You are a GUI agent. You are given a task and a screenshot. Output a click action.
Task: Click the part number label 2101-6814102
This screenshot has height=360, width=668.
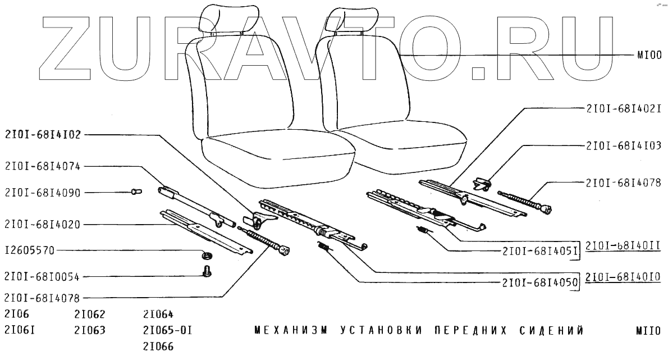pos(43,135)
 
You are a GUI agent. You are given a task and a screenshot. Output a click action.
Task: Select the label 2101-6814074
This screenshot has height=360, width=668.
pos(43,166)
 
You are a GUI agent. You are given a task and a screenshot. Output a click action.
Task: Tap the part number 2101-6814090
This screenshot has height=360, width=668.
pos(43,193)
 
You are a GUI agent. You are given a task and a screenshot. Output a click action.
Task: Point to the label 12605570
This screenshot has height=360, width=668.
pos(29,250)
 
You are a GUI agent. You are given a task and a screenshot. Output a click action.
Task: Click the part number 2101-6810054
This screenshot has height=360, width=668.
pos(43,277)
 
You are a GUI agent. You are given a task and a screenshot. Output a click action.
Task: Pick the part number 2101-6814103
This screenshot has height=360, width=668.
pos(623,145)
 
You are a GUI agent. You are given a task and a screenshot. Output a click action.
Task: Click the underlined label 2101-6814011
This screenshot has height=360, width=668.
pos(623,246)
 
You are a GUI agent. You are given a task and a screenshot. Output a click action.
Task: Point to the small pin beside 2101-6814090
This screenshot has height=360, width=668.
pos(135,192)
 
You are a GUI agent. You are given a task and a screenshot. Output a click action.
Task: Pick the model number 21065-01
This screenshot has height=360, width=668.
pos(168,330)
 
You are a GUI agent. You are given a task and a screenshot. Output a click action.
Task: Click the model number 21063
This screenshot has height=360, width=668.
pos(90,330)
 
